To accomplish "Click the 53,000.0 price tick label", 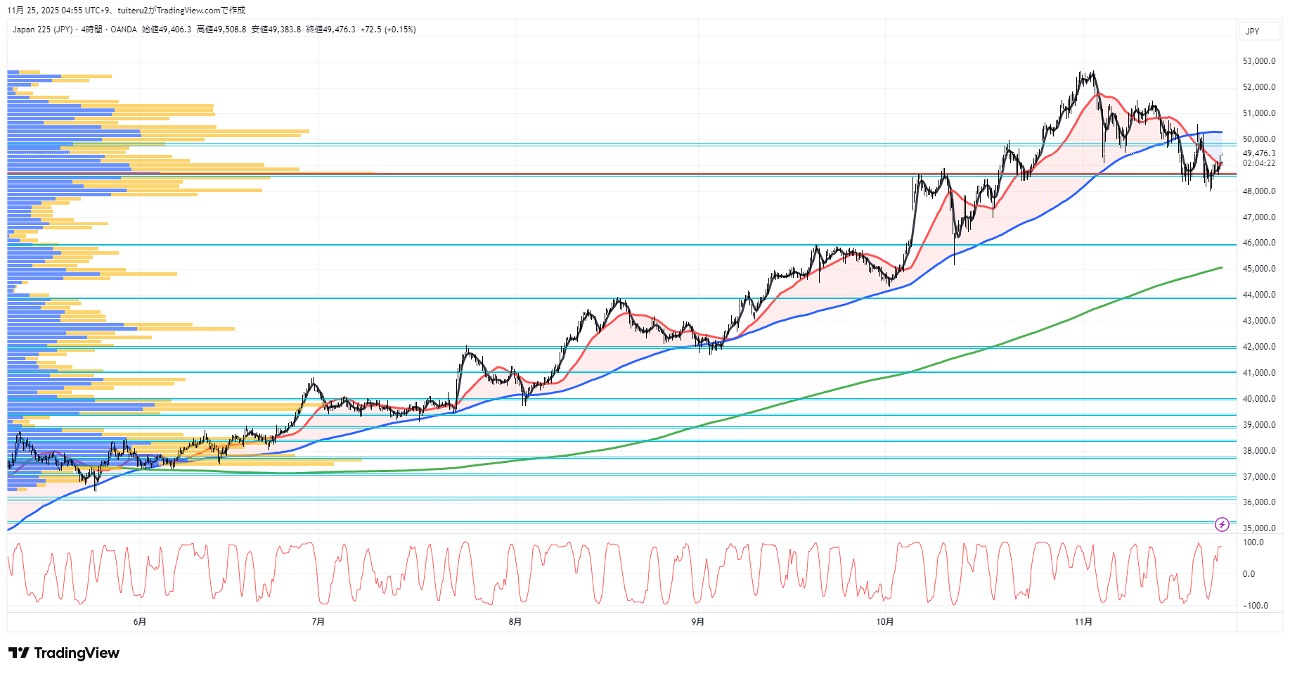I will click(x=1258, y=61).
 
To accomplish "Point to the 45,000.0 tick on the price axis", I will click(x=1258, y=269).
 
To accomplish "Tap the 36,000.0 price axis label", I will click(x=1258, y=502).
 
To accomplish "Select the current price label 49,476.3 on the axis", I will click(x=1258, y=153).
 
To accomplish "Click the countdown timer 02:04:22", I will click(x=1258, y=163).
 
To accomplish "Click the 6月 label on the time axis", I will click(x=140, y=621).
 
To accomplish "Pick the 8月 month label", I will click(x=515, y=621).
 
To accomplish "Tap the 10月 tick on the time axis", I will click(x=884, y=621).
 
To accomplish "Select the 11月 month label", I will click(x=1083, y=621).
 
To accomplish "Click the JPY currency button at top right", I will click(x=1253, y=31).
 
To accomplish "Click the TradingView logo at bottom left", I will click(x=65, y=653).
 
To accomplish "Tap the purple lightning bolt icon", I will click(x=1222, y=524).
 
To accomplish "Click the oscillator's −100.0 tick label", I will click(x=1255, y=606).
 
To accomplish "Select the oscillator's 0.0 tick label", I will click(x=1249, y=574).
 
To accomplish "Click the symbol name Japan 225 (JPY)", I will click(x=42, y=30).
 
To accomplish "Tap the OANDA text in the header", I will click(x=124, y=30).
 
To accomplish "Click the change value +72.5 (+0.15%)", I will click(x=388, y=30).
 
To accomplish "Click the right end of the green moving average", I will click(x=1221, y=267).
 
